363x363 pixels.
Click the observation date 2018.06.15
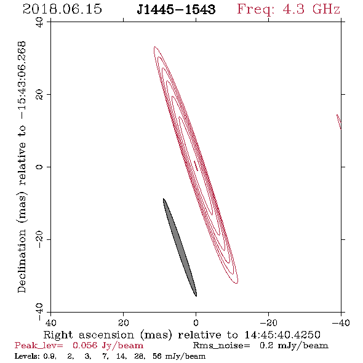tap(62, 9)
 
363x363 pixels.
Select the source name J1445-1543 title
tap(176, 9)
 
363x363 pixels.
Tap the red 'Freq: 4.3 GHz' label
tap(289, 9)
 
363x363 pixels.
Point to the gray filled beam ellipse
tap(180, 247)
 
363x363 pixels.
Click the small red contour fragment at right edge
tap(339, 122)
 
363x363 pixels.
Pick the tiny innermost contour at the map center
tap(196, 166)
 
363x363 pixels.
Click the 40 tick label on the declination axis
tap(39, 22)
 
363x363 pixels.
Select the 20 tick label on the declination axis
tap(39, 95)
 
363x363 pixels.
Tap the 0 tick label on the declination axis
tap(39, 167)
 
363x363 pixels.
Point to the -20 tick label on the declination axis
tap(39, 239)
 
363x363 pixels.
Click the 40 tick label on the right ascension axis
tap(50, 323)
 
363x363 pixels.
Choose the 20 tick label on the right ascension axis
tap(124, 323)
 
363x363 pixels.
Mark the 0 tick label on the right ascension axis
tap(196, 323)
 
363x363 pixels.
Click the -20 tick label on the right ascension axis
tap(268, 323)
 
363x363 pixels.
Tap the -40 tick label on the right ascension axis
tap(341, 323)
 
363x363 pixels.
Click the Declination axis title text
tap(22, 167)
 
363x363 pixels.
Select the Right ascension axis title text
tap(182, 335)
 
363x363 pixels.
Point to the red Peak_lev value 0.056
tap(85, 345)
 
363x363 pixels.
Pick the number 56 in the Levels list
tap(157, 356)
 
